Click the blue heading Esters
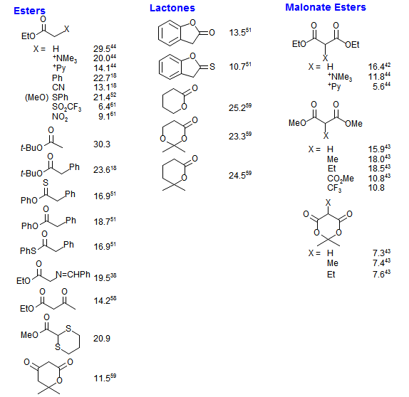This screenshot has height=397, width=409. [29, 11]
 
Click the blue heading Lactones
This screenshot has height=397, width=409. [172, 8]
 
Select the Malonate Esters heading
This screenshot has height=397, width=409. [326, 7]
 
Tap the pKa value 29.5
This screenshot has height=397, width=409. [102, 48]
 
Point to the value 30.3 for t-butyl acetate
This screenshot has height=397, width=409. [102, 144]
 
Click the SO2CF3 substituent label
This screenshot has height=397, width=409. [66, 107]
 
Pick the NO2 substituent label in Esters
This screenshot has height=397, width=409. [60, 117]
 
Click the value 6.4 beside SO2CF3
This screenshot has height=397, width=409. [104, 107]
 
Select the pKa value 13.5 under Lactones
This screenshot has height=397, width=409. [237, 33]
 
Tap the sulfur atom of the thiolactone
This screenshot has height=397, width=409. [212, 67]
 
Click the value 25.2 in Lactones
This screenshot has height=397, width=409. [237, 108]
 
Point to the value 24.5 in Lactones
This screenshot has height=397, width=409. [237, 176]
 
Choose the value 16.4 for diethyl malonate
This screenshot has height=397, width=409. [376, 67]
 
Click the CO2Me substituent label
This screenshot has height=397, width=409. [341, 179]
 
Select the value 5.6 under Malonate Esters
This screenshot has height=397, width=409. [379, 87]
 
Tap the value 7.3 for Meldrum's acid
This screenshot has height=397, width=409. [379, 253]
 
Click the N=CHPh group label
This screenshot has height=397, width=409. [73, 275]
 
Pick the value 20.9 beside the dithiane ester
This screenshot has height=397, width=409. [102, 339]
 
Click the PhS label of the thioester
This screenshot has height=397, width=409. [28, 251]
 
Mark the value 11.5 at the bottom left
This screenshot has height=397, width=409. [102, 379]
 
